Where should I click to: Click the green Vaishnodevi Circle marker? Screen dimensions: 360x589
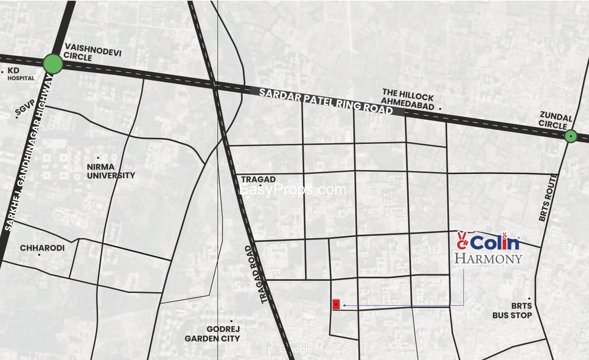point(53,64)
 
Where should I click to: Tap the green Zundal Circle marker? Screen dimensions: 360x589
point(570,136)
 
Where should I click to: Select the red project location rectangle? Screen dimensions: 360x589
point(336,304)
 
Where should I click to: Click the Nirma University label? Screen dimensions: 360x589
point(111,171)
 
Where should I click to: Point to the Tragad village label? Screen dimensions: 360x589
point(258,180)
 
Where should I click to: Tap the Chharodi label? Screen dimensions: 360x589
point(42,248)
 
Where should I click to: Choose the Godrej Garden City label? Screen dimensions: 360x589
point(212,334)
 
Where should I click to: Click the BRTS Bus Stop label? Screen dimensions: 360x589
point(512,311)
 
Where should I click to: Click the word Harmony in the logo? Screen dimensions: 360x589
point(488,258)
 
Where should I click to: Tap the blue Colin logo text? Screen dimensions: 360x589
point(495,243)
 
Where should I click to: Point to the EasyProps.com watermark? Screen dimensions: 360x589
point(292,190)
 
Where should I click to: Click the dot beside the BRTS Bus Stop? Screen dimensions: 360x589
point(529,299)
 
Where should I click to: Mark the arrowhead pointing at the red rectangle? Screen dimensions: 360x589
point(344,306)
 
